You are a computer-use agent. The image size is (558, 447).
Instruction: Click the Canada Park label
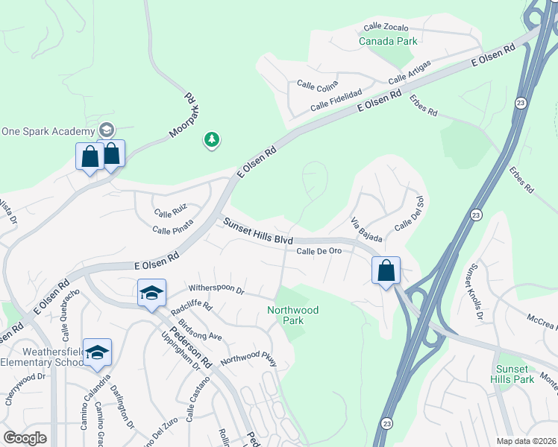(388, 42)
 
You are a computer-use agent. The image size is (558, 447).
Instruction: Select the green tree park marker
(213, 139)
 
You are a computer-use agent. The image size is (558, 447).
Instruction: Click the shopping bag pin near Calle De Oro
(386, 270)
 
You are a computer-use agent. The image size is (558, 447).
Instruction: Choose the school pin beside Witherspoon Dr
(151, 293)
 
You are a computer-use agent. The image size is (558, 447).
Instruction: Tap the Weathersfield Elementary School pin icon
(97, 352)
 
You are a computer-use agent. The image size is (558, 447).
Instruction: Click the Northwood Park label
(292, 315)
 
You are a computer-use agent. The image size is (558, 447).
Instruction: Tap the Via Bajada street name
(367, 230)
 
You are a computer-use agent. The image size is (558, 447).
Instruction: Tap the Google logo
(25, 438)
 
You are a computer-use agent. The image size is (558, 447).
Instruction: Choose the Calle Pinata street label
(173, 226)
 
